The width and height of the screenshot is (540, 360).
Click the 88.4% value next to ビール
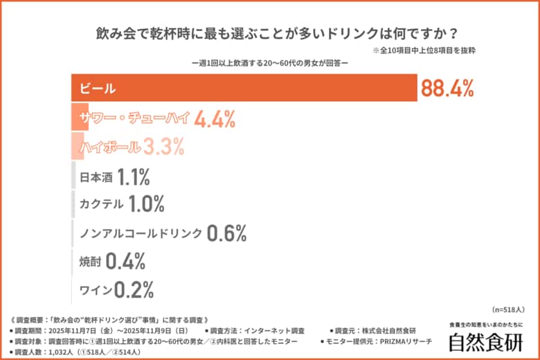click(447, 88)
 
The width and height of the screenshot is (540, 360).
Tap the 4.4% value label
click(215, 118)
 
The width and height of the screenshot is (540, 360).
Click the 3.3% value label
click(164, 147)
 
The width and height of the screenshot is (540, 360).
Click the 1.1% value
click(134, 177)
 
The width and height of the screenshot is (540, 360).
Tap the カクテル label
click(102, 204)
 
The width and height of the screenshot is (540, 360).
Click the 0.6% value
click(226, 233)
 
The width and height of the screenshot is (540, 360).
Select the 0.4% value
click(125, 262)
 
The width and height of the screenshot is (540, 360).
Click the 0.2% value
click(134, 289)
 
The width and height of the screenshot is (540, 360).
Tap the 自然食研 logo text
click(485, 342)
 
